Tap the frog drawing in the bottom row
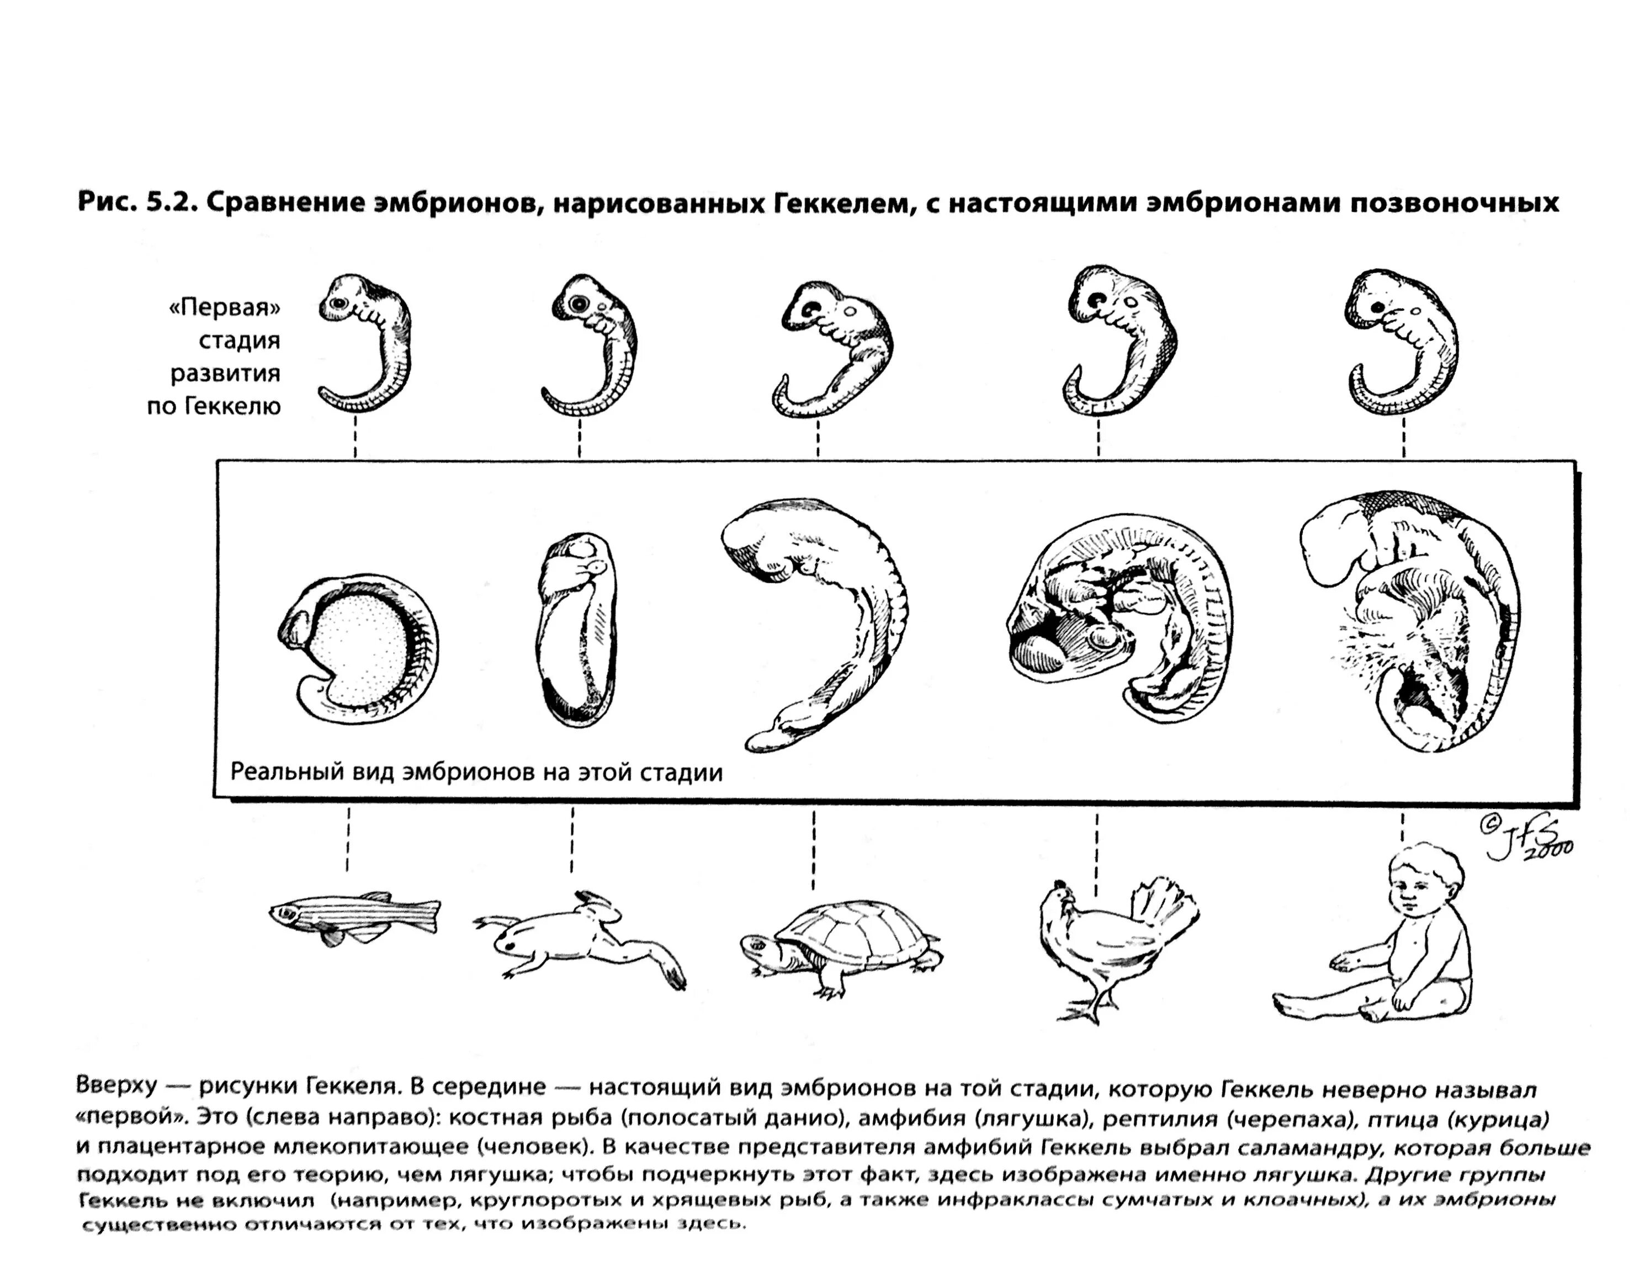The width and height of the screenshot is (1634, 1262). [x=576, y=939]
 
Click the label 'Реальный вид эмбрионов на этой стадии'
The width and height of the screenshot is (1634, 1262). [x=476, y=771]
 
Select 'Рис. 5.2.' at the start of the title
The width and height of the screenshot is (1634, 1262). [x=134, y=203]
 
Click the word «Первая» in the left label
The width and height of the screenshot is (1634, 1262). [x=225, y=307]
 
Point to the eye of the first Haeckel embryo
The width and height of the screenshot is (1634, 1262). [x=338, y=303]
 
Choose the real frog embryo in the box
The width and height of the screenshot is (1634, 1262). [x=576, y=629]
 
